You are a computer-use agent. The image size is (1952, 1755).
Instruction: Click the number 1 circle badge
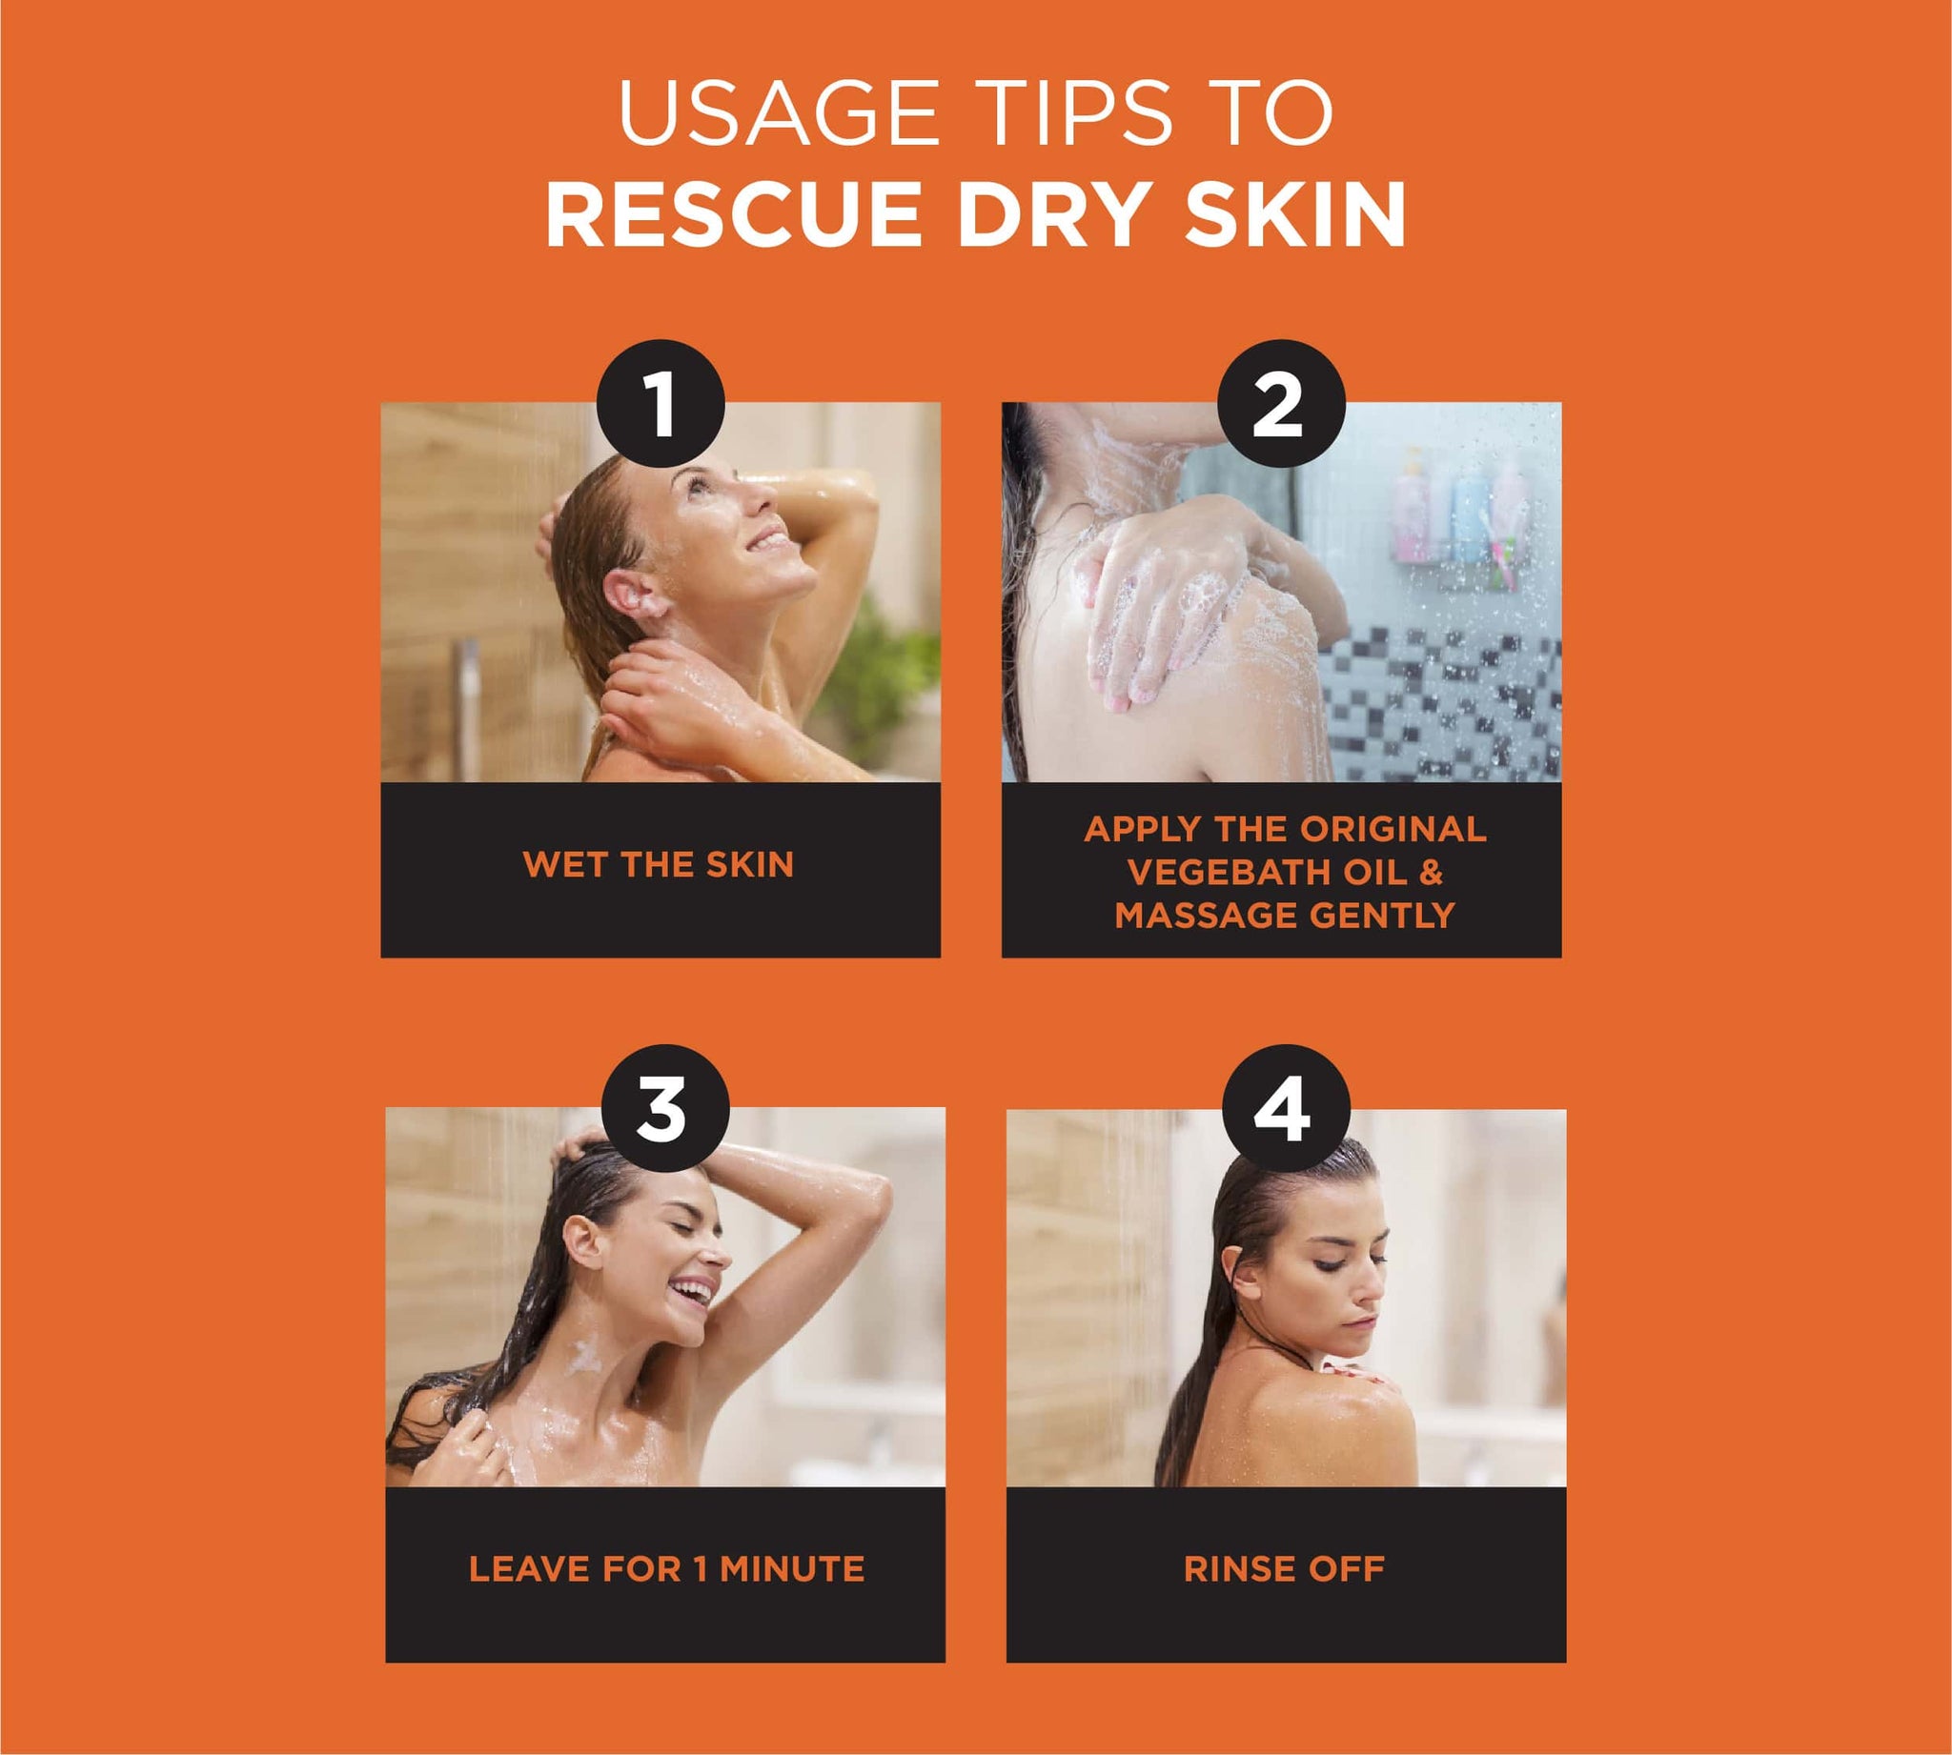click(x=661, y=404)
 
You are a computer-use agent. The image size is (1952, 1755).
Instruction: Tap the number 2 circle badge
click(x=1282, y=404)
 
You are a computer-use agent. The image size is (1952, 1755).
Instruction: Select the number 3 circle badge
click(x=664, y=1109)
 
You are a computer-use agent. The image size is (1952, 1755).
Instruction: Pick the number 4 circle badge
click(x=1286, y=1109)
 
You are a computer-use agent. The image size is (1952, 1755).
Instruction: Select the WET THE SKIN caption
click(x=659, y=865)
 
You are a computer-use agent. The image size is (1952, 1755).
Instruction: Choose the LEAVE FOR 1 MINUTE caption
click(x=666, y=1569)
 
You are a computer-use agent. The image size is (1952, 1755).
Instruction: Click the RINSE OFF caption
click(x=1284, y=1569)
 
